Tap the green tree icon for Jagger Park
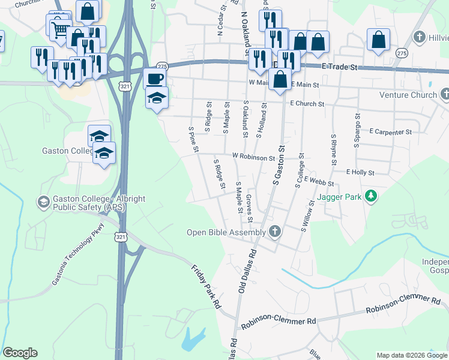pos(372,196)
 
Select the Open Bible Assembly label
pos(226,232)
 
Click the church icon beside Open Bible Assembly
pos(275,232)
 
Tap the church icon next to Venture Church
pos(445,94)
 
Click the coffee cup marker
pos(154,79)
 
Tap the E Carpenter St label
pos(390,131)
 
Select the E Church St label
pos(307,104)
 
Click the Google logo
pos(20,353)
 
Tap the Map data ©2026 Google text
pos(411,355)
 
